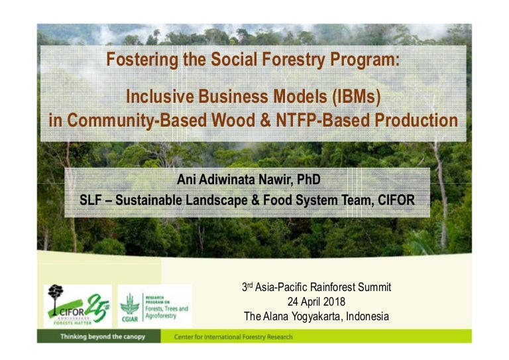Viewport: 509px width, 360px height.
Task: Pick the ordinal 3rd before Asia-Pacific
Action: [x=248, y=287]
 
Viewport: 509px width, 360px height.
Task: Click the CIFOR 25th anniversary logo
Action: [x=78, y=306]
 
